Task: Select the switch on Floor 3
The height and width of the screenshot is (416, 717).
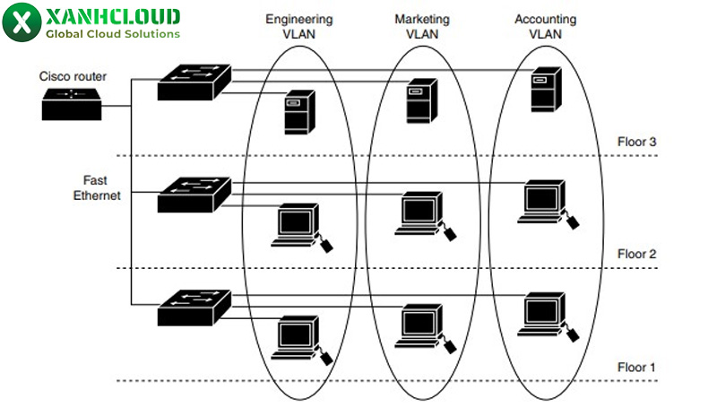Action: coord(194,82)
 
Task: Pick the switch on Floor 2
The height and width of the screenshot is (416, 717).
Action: coord(194,195)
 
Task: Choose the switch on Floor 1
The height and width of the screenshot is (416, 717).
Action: coord(194,308)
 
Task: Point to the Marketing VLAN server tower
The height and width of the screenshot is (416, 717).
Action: coord(419,100)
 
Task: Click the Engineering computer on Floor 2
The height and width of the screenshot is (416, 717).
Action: coord(296,225)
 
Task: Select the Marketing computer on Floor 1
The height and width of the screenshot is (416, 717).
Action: coord(419,325)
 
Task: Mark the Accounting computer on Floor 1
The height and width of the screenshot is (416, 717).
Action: coord(542,313)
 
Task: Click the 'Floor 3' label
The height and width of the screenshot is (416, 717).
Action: coord(636,142)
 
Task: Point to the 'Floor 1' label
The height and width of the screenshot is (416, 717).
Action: coord(636,368)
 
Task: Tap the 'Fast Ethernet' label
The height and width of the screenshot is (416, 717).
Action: coord(96,186)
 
